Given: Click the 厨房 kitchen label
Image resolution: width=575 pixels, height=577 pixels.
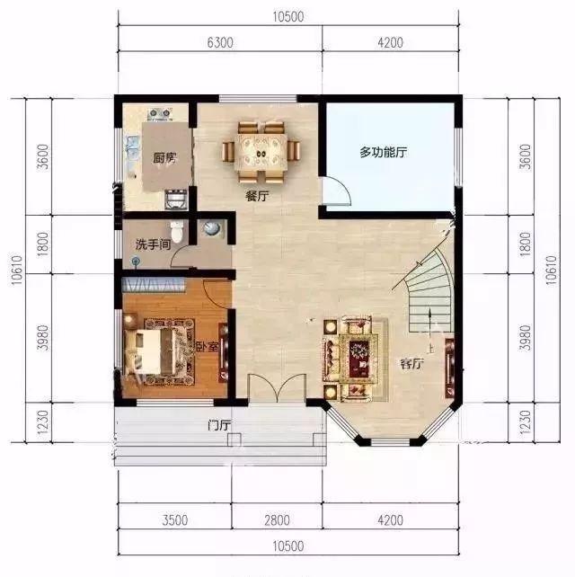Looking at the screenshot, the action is coord(164,158).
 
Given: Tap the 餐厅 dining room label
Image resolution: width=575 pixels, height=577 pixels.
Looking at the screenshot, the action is coord(257,196).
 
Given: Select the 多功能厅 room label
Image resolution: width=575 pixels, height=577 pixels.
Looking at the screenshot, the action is coord(384,152).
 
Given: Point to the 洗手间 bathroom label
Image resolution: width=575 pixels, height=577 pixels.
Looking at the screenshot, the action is coord(153,244).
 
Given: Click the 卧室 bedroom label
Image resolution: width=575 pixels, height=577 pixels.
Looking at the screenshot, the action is coord(208,346).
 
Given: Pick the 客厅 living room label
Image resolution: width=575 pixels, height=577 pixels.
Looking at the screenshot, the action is coord(411,364).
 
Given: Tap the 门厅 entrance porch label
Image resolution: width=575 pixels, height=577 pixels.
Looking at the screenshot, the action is coord(219,425).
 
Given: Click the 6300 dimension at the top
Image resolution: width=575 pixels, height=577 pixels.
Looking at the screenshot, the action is coord(220,42).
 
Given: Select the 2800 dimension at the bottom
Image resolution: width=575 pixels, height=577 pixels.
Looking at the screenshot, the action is coord(277,520).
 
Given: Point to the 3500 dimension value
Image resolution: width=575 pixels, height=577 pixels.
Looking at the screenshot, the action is coord(175,520).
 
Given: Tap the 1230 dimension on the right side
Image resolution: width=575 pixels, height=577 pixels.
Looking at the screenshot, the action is coord(526,422).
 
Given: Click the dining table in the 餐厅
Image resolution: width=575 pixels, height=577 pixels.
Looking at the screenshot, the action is coord(261,153).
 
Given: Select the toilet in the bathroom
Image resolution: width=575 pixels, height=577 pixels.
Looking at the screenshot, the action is coord(177,232).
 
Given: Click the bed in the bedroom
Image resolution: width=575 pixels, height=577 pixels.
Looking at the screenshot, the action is coord(149,351).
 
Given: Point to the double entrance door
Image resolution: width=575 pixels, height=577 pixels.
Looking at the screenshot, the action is coord(277,388).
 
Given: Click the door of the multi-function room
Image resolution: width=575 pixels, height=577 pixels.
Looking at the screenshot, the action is coord(337,191).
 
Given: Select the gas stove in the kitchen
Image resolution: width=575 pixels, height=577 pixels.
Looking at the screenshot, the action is coord(159,114).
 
